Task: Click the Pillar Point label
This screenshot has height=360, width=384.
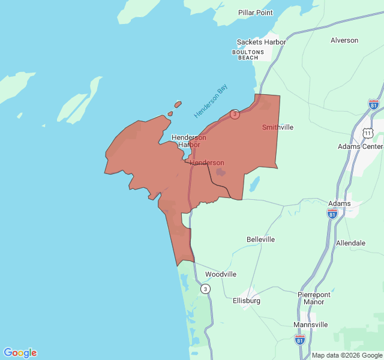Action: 255,13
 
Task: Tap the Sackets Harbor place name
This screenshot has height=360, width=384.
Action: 261,42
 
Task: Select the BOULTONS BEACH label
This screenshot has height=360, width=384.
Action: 248,55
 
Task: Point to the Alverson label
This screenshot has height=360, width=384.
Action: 344,41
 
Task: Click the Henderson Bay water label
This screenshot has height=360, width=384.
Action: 211,101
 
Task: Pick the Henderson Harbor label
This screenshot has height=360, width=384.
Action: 189,141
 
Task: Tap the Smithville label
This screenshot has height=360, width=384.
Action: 278,127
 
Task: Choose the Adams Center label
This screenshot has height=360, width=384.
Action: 360,146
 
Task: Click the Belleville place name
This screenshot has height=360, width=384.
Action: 260,239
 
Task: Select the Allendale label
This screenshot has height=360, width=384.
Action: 350,243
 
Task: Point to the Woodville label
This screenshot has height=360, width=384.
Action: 221,274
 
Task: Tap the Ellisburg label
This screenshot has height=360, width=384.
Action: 246,301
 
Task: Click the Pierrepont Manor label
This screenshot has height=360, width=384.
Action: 314,298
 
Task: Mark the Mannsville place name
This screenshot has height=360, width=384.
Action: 311,325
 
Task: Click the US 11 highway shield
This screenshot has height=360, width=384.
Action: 367,131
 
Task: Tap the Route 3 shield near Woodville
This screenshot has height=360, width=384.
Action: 206,289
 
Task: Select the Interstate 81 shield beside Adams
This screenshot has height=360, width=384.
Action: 332,214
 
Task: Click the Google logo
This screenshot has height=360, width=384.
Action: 20,353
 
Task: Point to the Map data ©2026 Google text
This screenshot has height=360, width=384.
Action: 347,355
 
